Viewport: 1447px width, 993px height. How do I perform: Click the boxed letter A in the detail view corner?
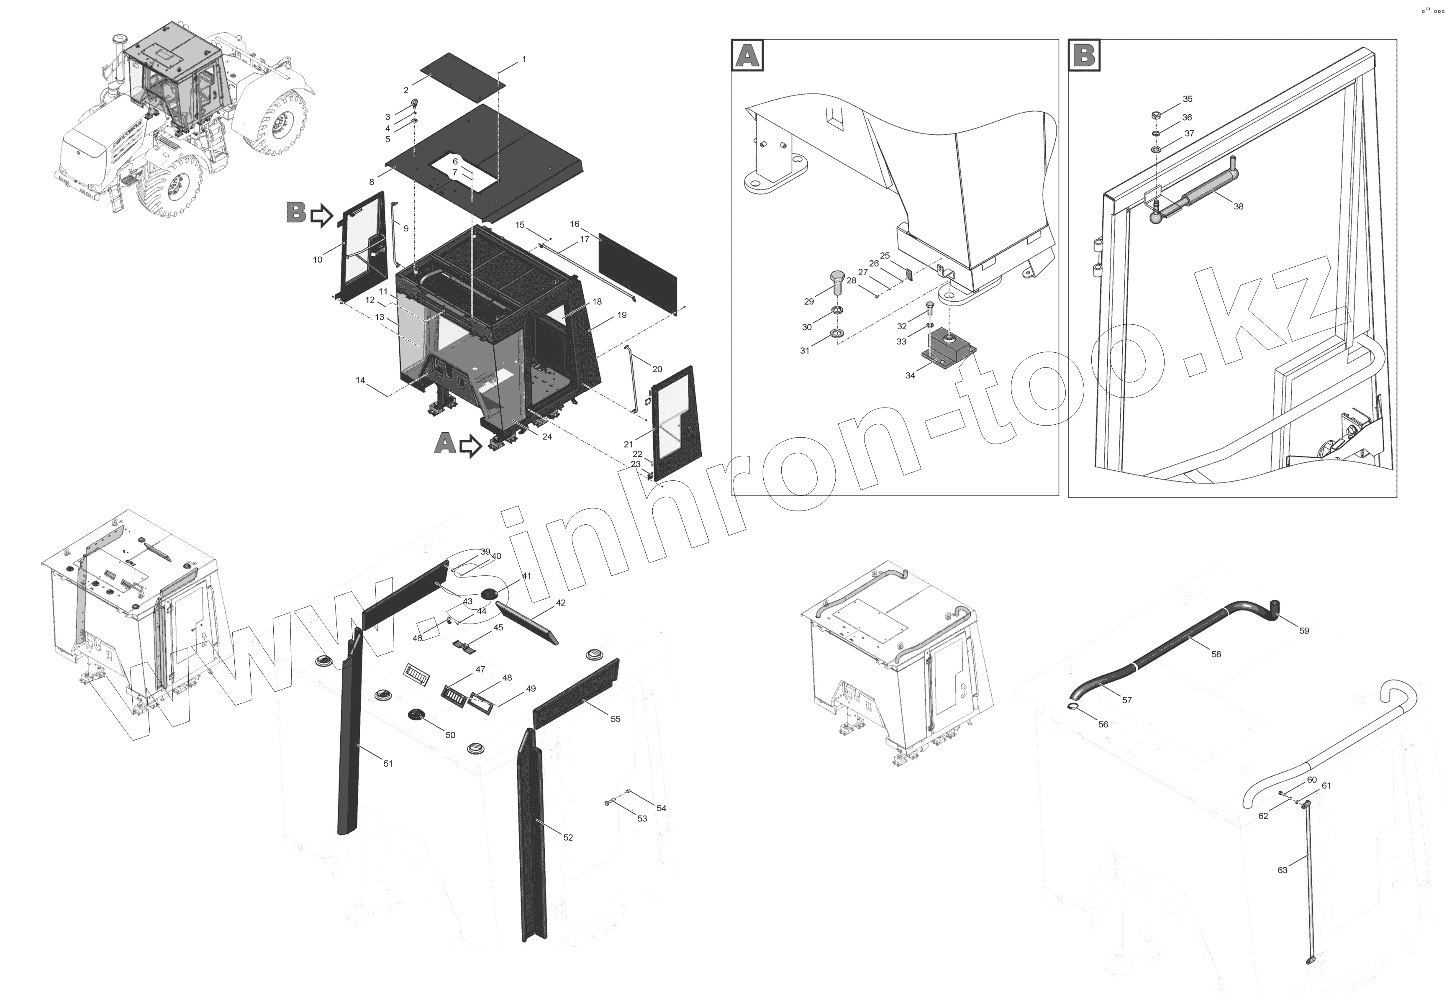pos(747,55)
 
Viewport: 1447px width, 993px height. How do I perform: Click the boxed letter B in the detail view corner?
pos(1084,55)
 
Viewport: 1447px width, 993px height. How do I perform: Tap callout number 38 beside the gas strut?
pos(1239,206)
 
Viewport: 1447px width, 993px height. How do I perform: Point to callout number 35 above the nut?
pos(1188,99)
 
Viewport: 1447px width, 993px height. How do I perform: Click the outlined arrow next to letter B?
pos(321,216)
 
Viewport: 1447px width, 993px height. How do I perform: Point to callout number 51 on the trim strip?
pos(388,763)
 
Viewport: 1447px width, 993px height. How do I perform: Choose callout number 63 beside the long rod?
pos(1282,870)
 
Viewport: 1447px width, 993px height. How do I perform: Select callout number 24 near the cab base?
pos(546,436)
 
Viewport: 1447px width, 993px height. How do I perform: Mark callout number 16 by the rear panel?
pos(574,223)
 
